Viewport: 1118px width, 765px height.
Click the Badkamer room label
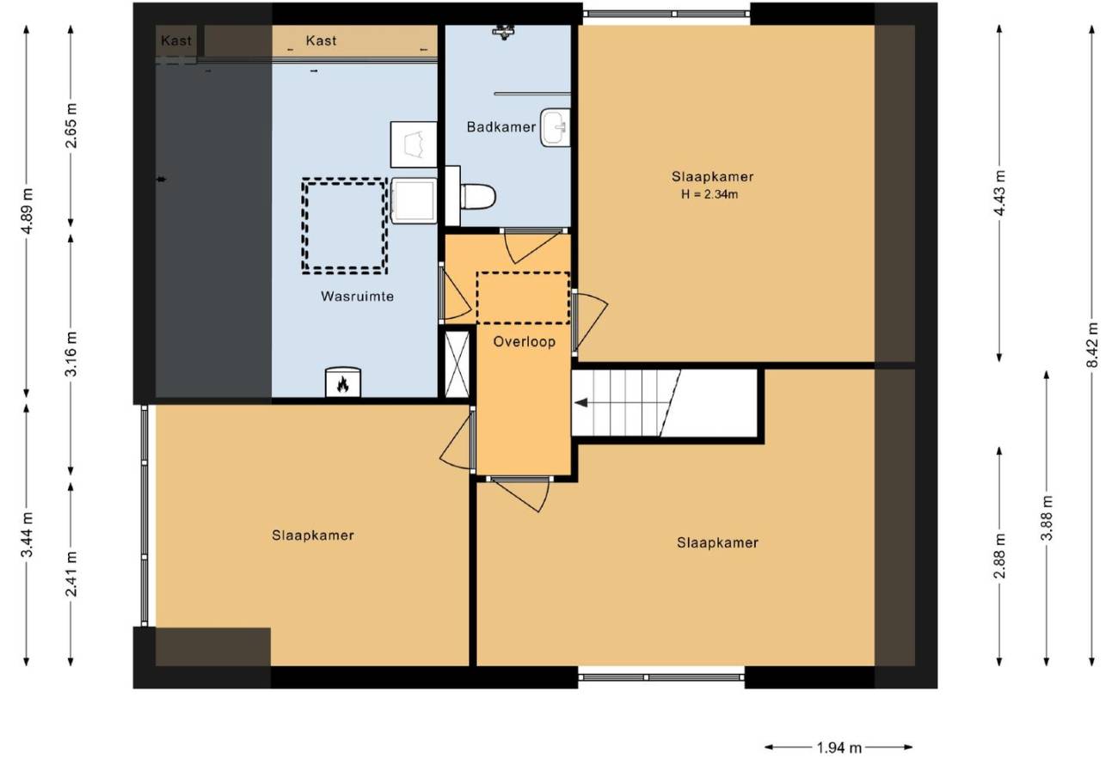501,127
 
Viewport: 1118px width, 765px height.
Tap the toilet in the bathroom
477,196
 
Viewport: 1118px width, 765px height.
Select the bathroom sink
555,127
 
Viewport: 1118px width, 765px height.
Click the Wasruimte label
358,297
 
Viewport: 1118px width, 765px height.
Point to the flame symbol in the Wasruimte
342,384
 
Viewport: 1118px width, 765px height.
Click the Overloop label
524,341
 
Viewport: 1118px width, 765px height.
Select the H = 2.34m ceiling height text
709,194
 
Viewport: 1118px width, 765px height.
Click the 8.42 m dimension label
1093,345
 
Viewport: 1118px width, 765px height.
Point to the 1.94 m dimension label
839,748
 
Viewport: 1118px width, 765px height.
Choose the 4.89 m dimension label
29,211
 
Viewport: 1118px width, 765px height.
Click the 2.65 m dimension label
71,125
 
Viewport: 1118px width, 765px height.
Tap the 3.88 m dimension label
1047,517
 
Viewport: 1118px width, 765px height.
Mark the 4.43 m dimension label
999,193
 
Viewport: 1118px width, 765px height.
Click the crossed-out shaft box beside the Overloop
458,364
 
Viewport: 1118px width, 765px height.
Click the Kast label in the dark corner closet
176,40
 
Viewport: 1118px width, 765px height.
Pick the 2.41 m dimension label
71,574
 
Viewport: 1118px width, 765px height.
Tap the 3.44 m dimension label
29,535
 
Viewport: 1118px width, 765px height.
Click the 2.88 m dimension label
999,555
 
